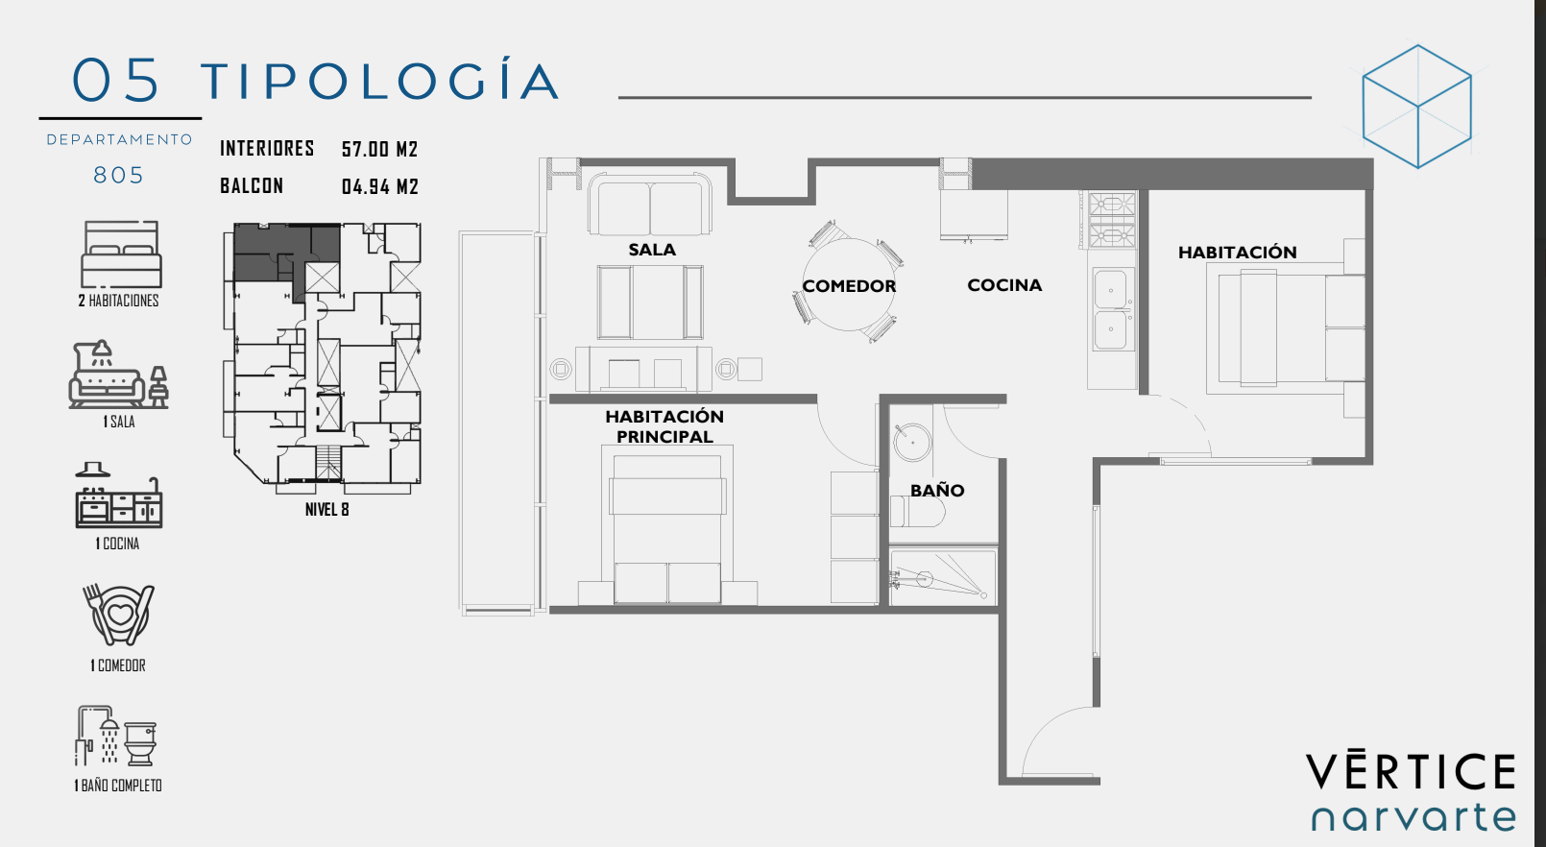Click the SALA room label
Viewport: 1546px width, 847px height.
pos(651,250)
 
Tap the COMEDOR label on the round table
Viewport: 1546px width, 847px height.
pos(849,286)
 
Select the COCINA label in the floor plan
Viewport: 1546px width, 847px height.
pos(1004,285)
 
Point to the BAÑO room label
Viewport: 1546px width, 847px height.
pos(936,490)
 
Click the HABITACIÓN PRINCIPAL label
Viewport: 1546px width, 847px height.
pos(664,426)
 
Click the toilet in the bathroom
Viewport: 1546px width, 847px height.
pos(918,512)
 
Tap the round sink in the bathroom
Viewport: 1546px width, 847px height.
pos(911,442)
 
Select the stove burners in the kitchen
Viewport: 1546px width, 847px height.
pos(1111,220)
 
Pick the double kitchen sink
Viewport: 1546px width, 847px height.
pos(1111,309)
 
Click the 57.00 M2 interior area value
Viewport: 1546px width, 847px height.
pos(379,149)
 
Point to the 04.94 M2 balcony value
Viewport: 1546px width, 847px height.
pos(379,186)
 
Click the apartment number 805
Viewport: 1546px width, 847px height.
pos(119,176)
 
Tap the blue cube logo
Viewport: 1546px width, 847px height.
pos(1417,107)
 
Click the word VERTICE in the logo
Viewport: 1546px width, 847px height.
pos(1411,771)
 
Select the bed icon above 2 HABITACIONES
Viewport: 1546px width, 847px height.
pos(121,254)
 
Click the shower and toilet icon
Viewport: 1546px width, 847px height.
pos(116,736)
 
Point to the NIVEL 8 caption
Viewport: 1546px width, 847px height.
pos(327,509)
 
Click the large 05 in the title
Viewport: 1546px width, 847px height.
pos(116,81)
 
